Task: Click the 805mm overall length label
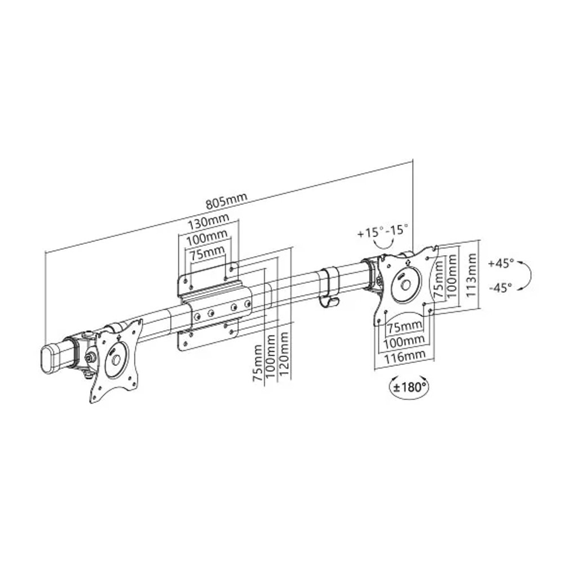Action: (x=226, y=201)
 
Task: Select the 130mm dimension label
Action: (x=208, y=222)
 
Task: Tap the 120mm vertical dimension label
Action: (x=284, y=354)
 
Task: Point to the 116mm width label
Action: (x=405, y=357)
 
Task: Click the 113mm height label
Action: (x=471, y=275)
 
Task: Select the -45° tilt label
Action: (x=500, y=288)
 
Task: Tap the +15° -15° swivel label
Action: (x=383, y=231)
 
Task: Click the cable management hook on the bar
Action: (x=329, y=287)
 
